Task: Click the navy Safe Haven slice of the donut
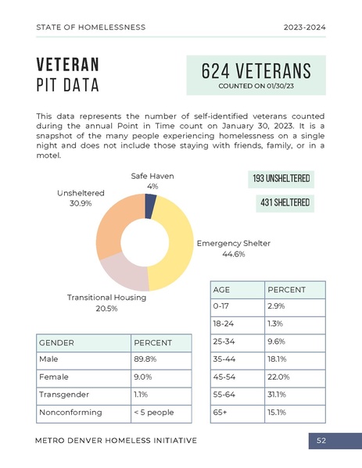[150, 206]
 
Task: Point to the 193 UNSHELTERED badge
[281, 180]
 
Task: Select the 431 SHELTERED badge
[285, 203]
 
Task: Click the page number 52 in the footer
[321, 441]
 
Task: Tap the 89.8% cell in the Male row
[146, 359]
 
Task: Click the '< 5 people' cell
[153, 412]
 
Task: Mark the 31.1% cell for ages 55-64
[276, 395]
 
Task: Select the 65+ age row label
[221, 412]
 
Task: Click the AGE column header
[221, 289]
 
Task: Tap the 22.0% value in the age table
[278, 377]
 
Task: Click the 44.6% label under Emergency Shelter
[233, 254]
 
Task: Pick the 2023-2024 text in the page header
[304, 27]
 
